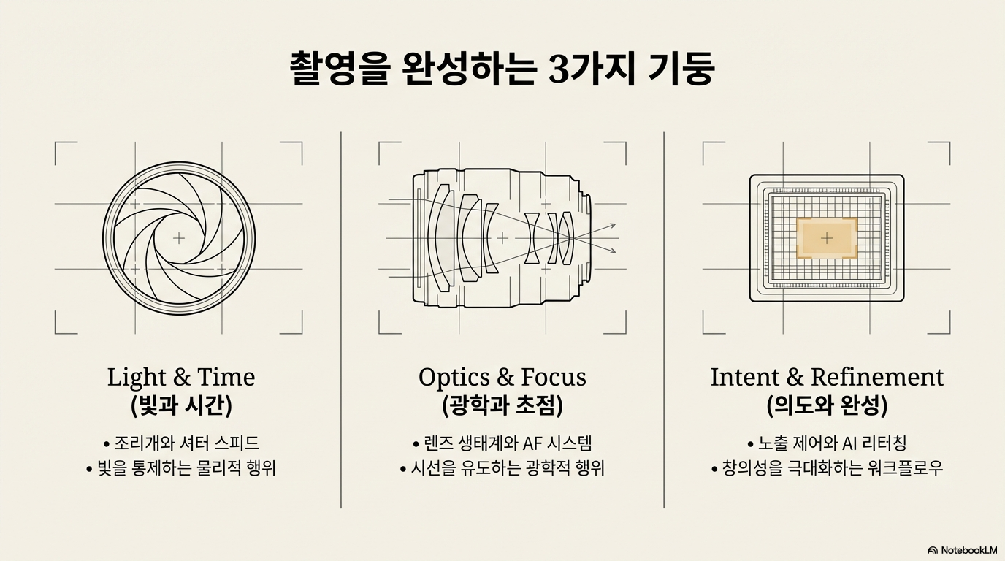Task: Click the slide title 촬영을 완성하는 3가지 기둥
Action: point(502,69)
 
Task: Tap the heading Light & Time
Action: point(181,377)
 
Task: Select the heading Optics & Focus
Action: point(502,377)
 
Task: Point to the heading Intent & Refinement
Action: point(827,377)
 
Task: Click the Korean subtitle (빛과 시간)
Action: point(181,405)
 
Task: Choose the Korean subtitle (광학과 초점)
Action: point(502,405)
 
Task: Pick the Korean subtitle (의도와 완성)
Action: point(827,405)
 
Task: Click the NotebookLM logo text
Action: point(968,549)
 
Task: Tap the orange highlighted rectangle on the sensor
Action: point(826,238)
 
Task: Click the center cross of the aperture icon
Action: point(179,238)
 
